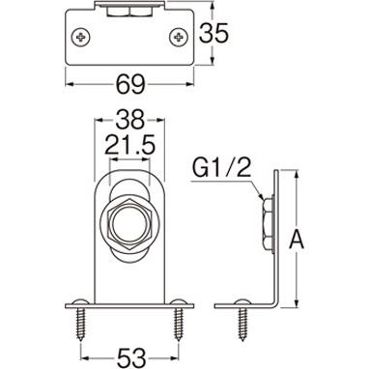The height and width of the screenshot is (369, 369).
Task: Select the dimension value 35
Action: (x=216, y=35)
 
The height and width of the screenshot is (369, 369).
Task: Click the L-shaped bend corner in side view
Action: (x=276, y=304)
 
